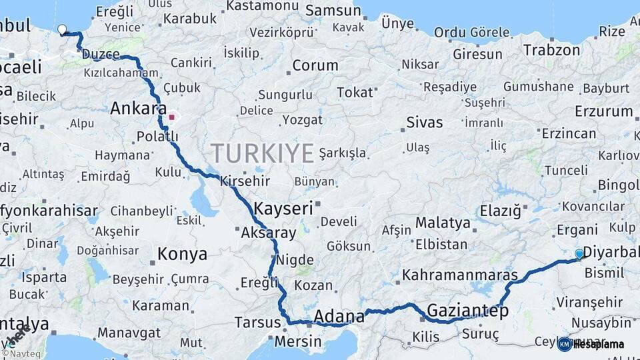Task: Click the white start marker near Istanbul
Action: (62, 29)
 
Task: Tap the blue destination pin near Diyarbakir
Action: (579, 254)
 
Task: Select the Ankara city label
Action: (138, 109)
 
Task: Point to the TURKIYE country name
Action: (261, 153)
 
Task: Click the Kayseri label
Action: (283, 208)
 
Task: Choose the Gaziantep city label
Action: (467, 311)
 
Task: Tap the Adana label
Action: (339, 315)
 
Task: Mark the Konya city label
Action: (182, 254)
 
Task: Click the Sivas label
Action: (424, 122)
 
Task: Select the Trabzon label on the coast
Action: (551, 50)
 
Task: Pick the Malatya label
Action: (443, 222)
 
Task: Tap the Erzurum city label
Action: (603, 111)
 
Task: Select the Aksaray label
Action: (268, 233)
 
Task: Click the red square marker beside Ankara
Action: (172, 117)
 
